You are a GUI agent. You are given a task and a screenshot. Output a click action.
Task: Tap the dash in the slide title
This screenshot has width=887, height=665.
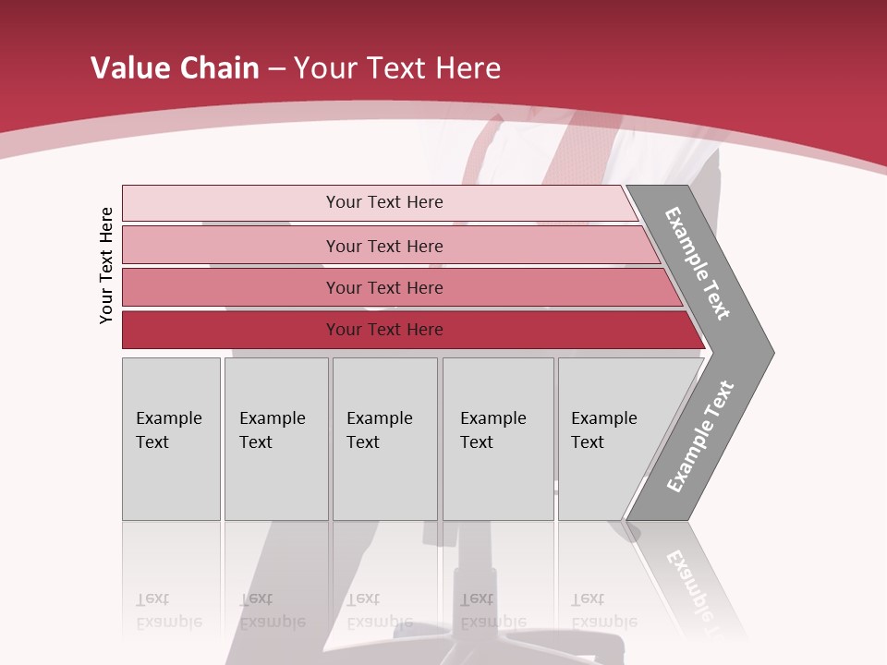point(276,69)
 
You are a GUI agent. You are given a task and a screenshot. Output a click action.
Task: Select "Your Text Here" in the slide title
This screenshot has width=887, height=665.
point(397,68)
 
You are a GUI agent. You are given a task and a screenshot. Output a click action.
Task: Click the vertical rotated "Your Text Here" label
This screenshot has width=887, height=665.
point(106,266)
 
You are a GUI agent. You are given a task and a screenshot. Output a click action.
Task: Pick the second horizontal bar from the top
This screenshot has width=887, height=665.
point(383,246)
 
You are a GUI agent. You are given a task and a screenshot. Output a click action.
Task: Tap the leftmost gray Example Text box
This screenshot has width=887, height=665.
point(171,439)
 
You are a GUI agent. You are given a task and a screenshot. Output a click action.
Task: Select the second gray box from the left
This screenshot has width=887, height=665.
point(275,439)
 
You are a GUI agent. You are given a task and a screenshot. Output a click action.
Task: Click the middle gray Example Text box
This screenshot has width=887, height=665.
point(384,439)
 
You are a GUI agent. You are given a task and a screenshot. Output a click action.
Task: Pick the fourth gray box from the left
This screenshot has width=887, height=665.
point(498,439)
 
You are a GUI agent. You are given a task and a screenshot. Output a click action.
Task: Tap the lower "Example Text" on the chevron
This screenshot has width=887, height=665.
point(700,437)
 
